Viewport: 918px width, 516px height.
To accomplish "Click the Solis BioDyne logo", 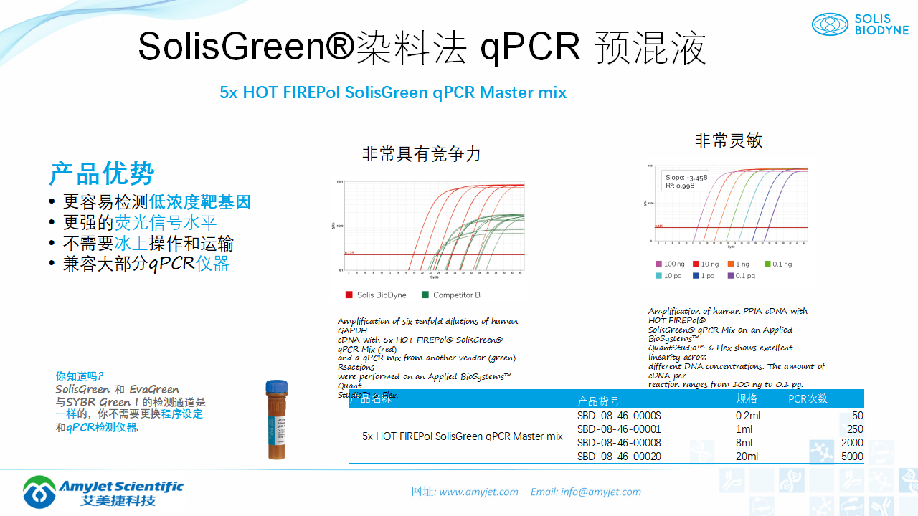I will point(859,24).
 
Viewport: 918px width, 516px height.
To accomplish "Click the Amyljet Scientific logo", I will point(103,492).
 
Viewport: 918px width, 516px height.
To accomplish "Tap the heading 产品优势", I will point(102,173).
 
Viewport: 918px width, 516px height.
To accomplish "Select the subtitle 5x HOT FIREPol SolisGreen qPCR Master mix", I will point(393,92).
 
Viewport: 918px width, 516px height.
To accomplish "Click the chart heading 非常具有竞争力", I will point(421,153).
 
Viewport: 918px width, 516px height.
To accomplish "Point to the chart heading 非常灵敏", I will point(728,140).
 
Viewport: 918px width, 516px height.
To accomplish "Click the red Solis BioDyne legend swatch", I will point(349,295).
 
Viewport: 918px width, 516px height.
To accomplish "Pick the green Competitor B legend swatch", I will point(425,295).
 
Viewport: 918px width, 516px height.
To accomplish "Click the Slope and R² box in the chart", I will point(685,181).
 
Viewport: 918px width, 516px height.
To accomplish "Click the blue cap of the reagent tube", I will point(277,386).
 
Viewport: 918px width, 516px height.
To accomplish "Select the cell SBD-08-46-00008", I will point(619,443).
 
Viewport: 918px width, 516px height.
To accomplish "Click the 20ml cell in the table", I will point(747,457).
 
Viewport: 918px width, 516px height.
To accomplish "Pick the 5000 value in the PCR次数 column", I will point(852,457).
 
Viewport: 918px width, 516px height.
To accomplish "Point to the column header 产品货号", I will point(598,401).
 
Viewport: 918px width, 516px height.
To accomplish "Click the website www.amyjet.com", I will point(478,492).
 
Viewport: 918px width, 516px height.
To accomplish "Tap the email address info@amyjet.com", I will point(600,492).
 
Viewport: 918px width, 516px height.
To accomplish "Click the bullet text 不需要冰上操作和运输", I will point(148,243).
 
